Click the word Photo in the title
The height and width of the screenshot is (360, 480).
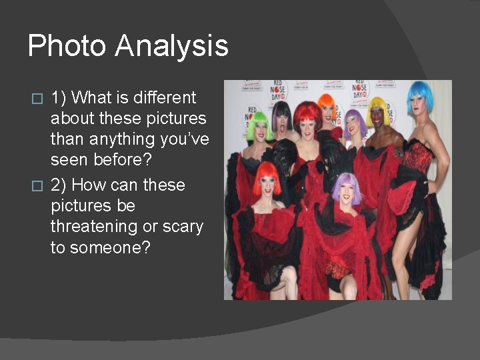click(67, 47)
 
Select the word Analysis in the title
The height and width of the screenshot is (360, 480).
click(171, 47)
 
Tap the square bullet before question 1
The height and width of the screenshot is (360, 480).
click(38, 98)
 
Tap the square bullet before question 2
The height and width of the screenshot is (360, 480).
click(38, 185)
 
